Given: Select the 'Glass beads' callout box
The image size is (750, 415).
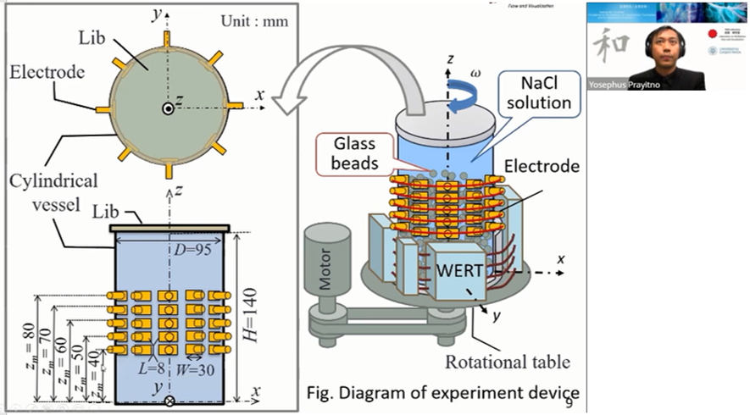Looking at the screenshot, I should (355, 152).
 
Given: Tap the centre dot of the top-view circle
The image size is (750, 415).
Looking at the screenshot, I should (168, 108).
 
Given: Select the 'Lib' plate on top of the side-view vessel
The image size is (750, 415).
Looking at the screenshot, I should (169, 228).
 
